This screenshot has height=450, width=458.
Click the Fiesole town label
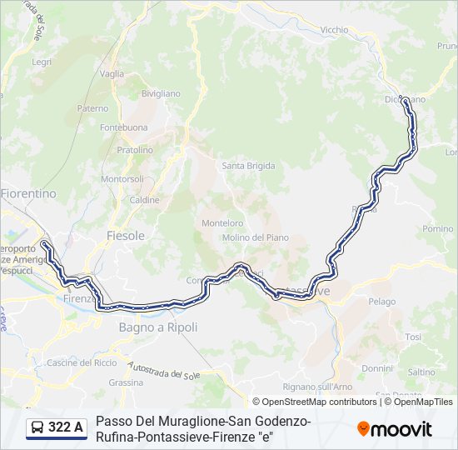tap(125, 236)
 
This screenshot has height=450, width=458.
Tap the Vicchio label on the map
tap(334, 30)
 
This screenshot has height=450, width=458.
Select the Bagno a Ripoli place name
tap(158, 327)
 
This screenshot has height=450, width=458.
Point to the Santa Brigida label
tap(248, 166)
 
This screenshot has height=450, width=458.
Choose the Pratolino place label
tap(135, 150)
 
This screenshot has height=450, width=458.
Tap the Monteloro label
tap(222, 222)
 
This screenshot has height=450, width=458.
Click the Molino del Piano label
tap(255, 237)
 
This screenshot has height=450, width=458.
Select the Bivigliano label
tap(161, 93)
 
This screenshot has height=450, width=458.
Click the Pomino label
tap(438, 228)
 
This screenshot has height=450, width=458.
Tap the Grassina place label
tap(126, 382)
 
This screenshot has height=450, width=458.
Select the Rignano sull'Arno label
tap(317, 387)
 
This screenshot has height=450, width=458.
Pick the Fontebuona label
tap(124, 127)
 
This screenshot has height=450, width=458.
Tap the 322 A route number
tap(66, 428)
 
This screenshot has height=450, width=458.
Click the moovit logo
tap(395, 429)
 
